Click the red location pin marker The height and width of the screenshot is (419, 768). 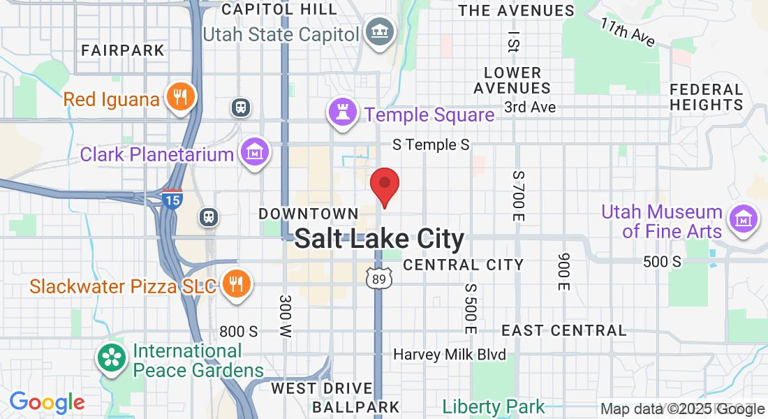click(x=384, y=186)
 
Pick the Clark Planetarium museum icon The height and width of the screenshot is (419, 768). click(x=255, y=152)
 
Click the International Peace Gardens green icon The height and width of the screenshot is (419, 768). click(x=112, y=359)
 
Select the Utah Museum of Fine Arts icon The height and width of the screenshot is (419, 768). click(x=744, y=219)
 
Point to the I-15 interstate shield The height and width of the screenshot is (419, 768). click(x=172, y=200)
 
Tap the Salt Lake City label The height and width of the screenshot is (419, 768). click(x=379, y=239)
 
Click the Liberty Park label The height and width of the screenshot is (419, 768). click(x=494, y=406)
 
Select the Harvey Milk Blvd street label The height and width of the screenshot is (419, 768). click(x=449, y=355)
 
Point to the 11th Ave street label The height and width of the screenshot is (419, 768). click(x=628, y=32)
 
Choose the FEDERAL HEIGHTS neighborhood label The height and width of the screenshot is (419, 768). click(x=706, y=97)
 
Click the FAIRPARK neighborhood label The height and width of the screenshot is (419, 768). click(x=123, y=50)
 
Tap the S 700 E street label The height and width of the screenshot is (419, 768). click(x=517, y=196)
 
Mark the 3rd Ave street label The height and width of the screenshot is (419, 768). click(x=530, y=107)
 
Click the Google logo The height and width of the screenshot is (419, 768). click(x=47, y=403)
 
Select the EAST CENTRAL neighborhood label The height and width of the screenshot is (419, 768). click(x=564, y=330)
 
